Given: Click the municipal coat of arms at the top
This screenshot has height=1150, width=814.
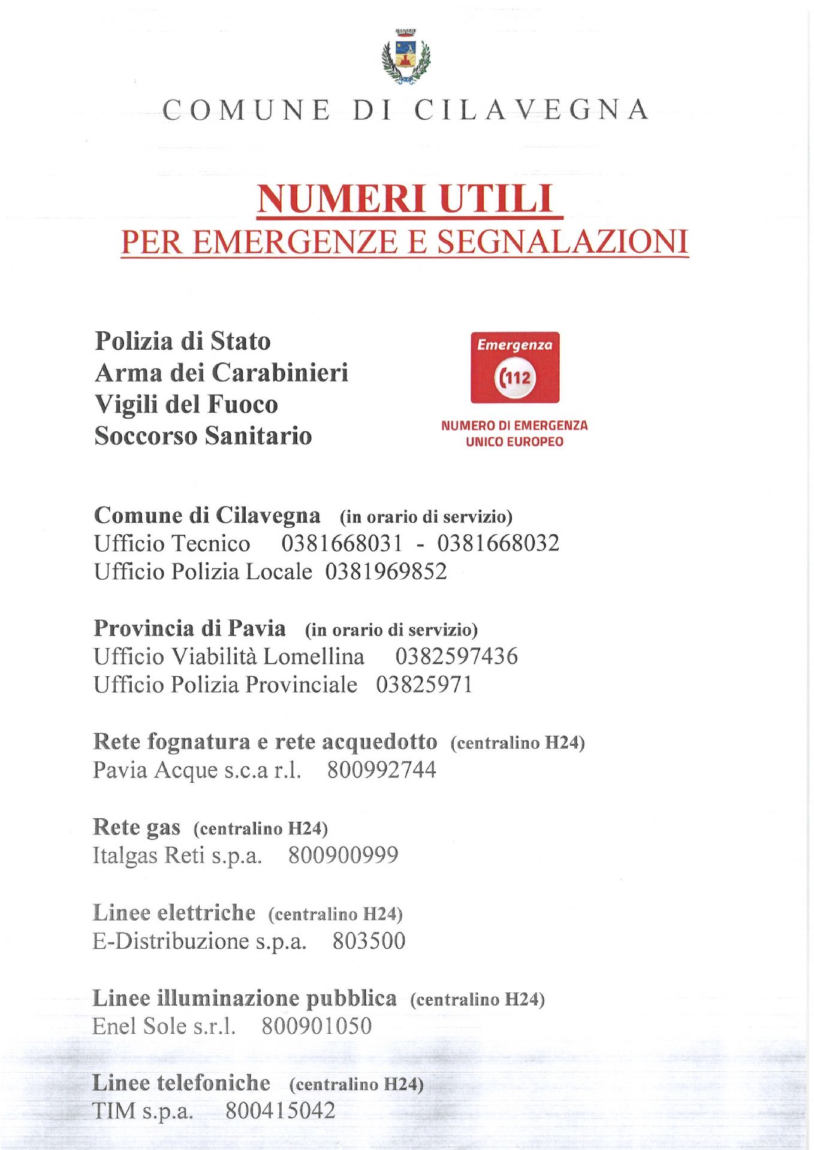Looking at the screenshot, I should (x=406, y=57).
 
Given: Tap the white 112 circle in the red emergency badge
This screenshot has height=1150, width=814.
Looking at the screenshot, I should (x=515, y=377).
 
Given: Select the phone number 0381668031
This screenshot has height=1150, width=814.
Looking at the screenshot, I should (x=342, y=543).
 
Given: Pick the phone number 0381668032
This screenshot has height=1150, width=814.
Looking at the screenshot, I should (x=498, y=543).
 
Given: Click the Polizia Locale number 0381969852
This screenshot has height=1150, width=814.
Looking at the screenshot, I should (x=386, y=571).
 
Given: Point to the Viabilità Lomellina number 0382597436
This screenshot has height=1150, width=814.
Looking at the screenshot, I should (x=456, y=656).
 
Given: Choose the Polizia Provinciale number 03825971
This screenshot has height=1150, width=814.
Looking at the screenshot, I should (x=424, y=685).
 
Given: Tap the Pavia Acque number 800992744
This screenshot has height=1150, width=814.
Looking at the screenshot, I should (x=381, y=770).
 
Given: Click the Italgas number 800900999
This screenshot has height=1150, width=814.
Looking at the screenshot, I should (x=343, y=855).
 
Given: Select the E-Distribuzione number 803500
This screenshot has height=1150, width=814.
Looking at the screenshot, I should (x=369, y=941).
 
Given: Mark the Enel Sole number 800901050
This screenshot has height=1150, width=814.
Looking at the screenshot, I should (x=316, y=1026).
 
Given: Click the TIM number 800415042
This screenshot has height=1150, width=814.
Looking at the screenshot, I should (x=280, y=1111).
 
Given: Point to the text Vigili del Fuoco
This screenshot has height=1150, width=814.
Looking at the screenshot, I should (x=186, y=404).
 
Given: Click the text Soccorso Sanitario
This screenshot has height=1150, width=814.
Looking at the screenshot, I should (x=203, y=435).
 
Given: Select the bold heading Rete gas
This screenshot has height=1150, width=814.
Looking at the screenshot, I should (x=137, y=827).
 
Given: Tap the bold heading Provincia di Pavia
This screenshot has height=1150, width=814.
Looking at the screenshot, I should (x=190, y=628).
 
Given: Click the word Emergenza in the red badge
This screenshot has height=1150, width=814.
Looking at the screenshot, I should (x=514, y=345).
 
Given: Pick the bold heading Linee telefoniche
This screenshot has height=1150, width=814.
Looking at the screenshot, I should (x=181, y=1083).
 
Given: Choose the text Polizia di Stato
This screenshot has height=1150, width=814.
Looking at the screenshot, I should (x=183, y=341).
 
